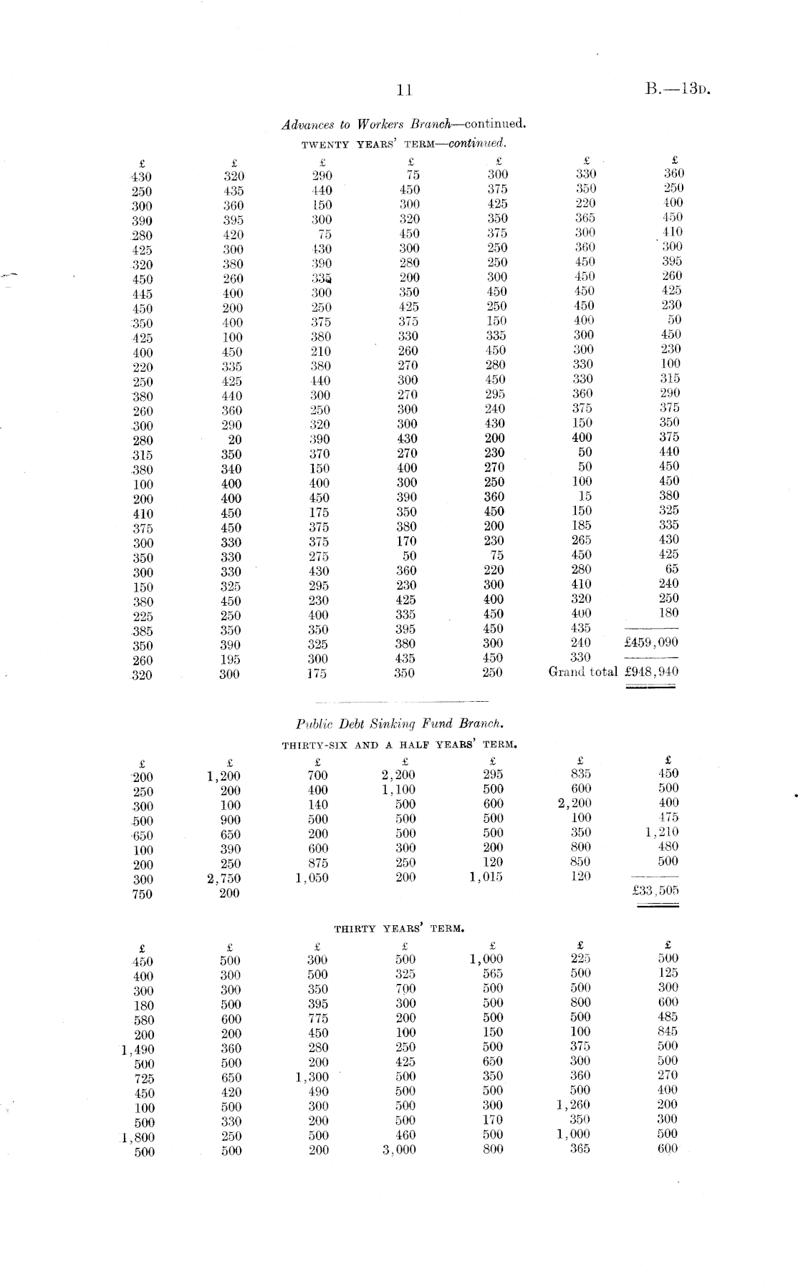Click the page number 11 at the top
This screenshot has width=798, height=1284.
[404, 90]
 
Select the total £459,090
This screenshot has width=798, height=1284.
[651, 642]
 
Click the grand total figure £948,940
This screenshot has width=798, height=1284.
[651, 672]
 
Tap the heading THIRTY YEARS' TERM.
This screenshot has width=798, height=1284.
[400, 929]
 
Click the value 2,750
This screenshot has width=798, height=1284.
[224, 879]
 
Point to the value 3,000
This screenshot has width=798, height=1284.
[399, 1150]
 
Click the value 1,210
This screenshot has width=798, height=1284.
[663, 832]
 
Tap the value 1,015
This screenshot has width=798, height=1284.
[486, 877]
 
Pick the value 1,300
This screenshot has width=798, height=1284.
[312, 1076]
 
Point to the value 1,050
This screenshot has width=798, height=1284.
[312, 878]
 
